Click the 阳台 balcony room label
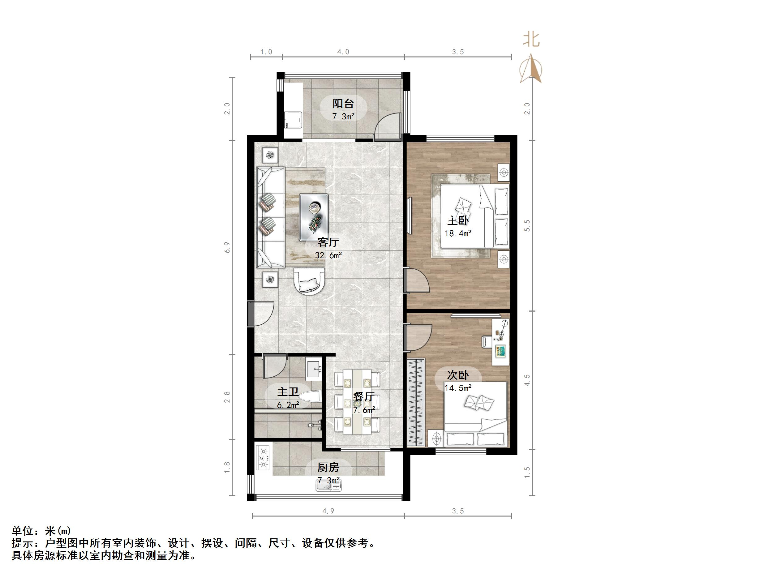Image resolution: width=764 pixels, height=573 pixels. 343,104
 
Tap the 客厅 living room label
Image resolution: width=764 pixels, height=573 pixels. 328,242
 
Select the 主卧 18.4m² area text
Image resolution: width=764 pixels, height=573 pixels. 458,233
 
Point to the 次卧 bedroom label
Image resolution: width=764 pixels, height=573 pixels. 458,375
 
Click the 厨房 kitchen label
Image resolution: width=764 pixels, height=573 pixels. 328,468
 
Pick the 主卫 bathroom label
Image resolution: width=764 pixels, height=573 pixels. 288,392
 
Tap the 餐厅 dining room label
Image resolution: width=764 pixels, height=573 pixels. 364,396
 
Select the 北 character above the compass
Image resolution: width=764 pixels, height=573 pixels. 531,39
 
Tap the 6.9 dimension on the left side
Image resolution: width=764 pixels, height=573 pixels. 227,248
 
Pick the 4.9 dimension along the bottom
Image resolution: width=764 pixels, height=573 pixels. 328,511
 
